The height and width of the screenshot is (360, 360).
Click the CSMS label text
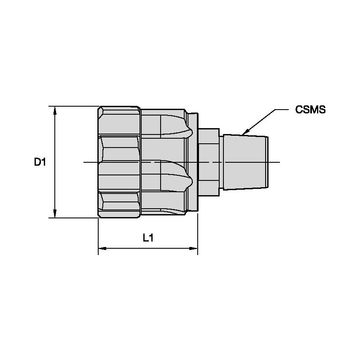coord(310,110)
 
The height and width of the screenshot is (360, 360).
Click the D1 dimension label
coord(40,162)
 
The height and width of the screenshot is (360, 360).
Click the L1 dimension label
coord(148,238)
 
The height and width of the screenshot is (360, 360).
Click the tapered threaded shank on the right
coord(244,162)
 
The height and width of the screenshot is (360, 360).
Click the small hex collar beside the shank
coord(209,162)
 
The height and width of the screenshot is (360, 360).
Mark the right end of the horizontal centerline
coord(280,162)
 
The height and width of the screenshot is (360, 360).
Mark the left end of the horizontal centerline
coord(84,162)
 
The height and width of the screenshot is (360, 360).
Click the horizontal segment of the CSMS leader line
coord(282,110)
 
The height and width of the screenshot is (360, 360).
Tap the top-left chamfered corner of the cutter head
coord(99,108)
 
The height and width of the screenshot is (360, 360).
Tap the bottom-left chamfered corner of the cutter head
coord(99,216)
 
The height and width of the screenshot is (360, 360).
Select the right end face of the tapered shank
coord(268,162)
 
